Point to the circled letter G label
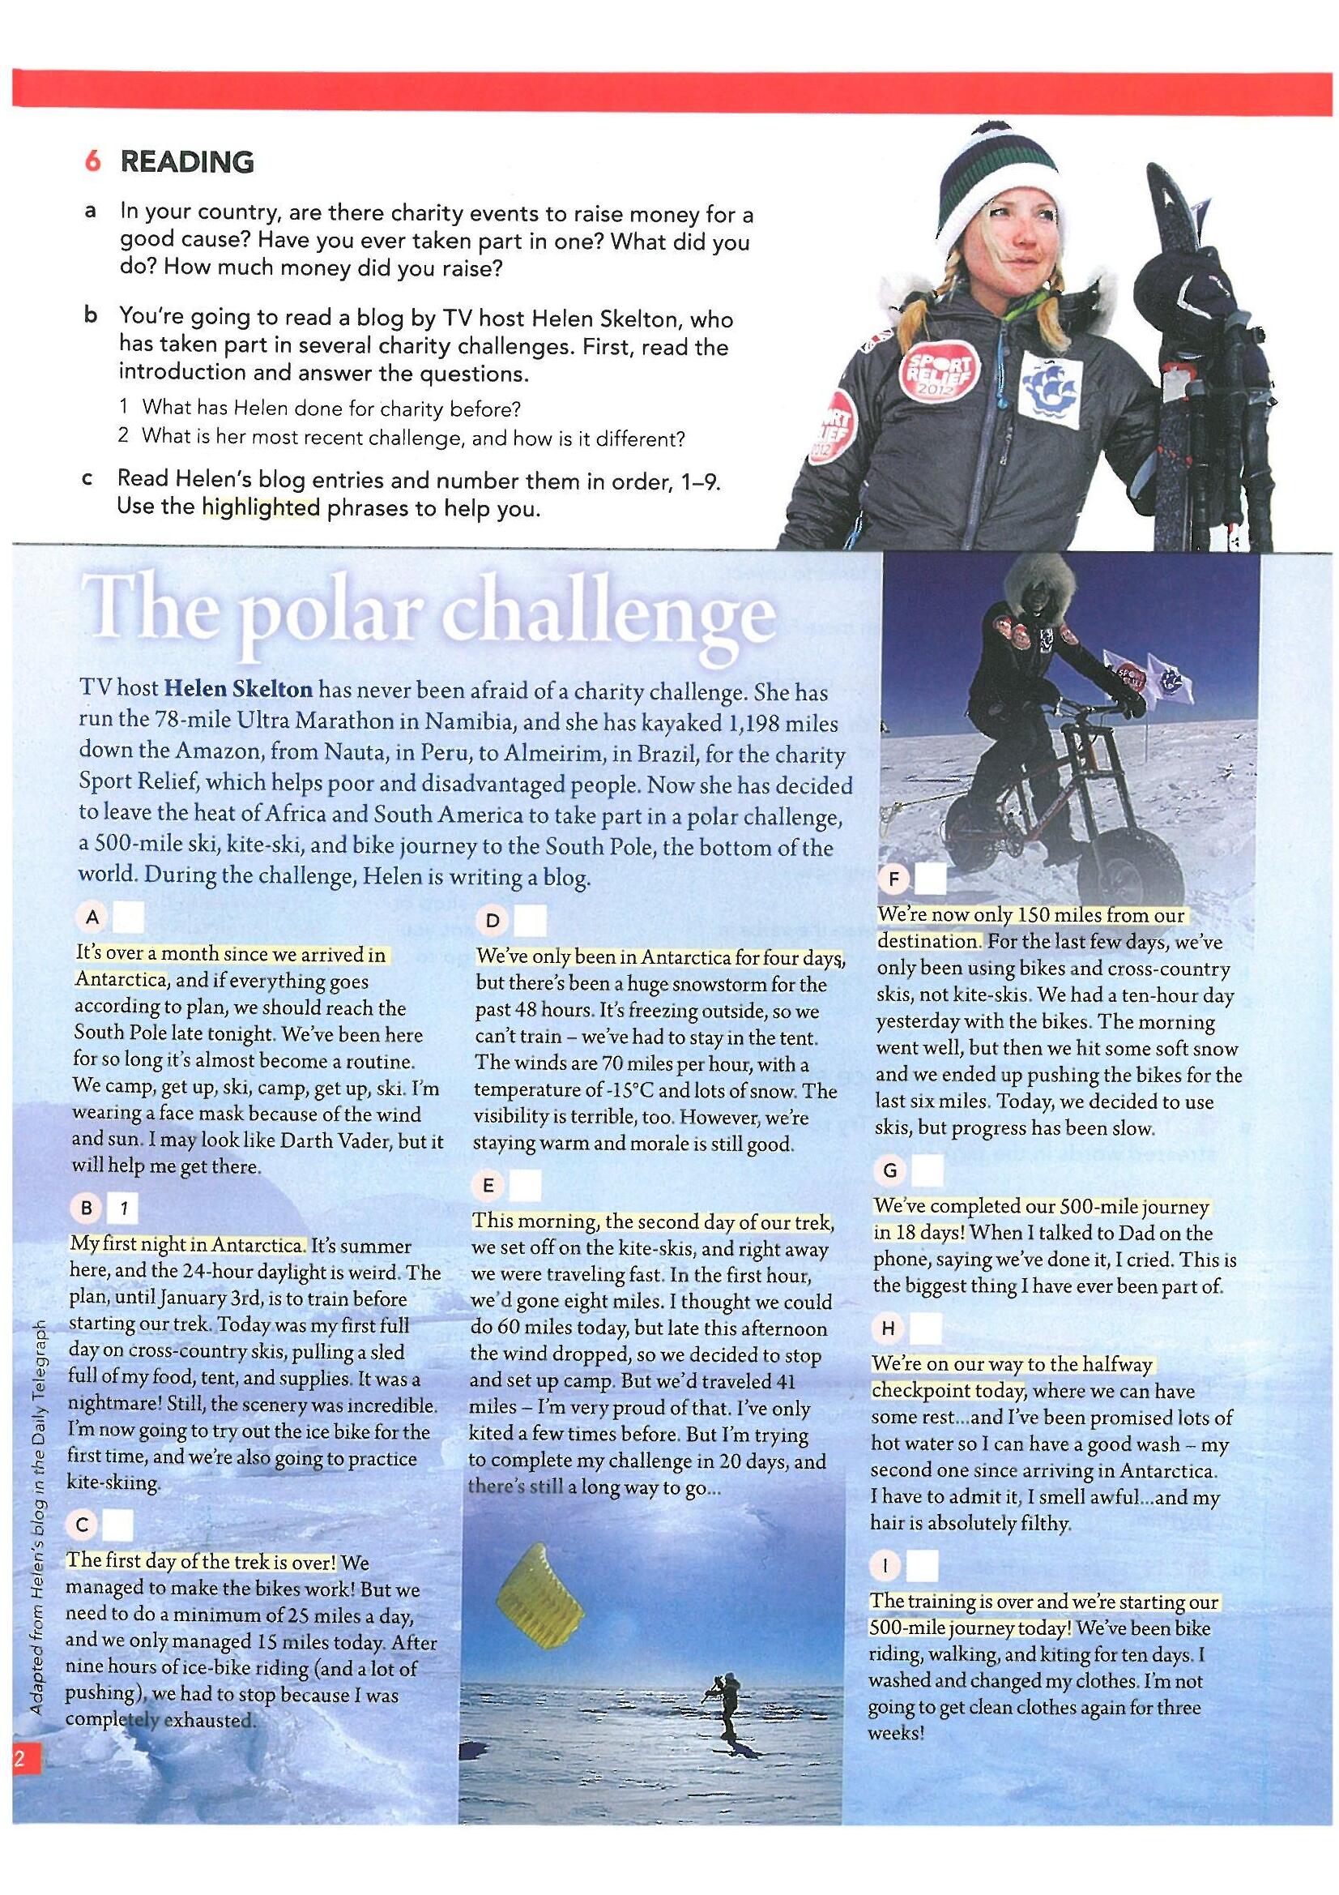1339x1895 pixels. click(889, 1170)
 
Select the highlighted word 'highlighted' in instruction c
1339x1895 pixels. click(261, 507)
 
